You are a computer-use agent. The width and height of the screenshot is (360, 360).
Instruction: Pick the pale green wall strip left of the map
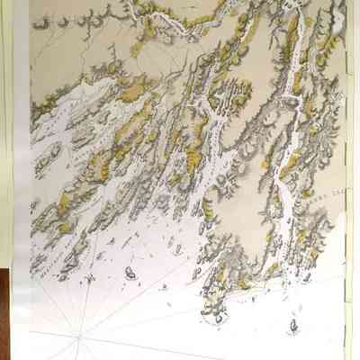(8, 135)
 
